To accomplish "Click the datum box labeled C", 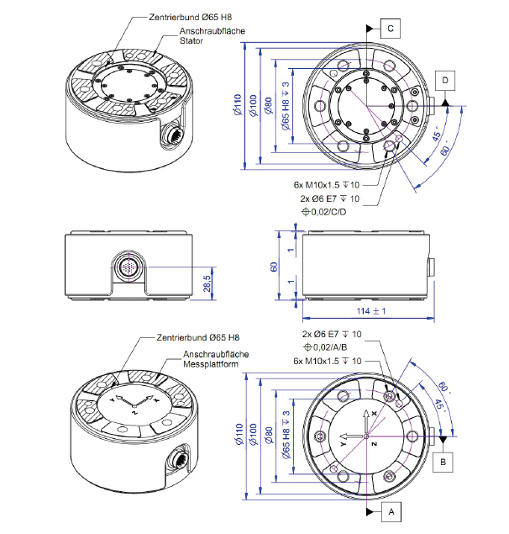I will [x=391, y=28].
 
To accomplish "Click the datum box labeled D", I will [x=447, y=78].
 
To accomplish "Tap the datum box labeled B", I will [x=447, y=461].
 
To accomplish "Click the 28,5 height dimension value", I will [x=207, y=287].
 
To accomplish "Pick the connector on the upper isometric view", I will [x=174, y=133].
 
